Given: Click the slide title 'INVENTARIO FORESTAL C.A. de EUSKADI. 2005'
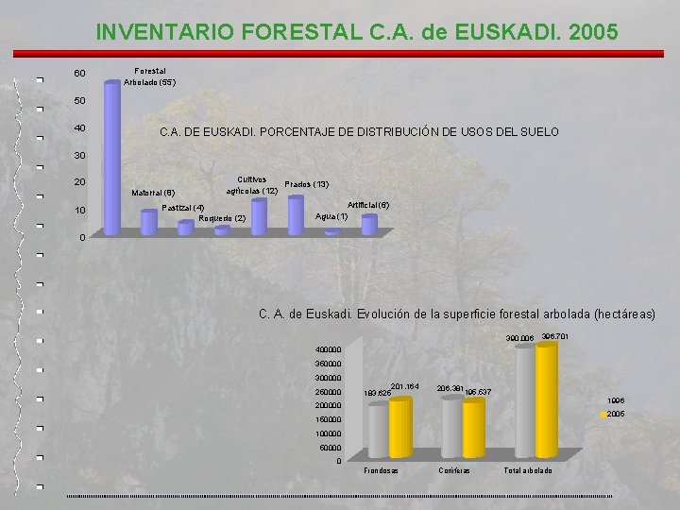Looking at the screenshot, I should coord(357,31).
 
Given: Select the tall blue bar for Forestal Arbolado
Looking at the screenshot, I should coord(112,156).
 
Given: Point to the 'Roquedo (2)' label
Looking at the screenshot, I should coord(223,218).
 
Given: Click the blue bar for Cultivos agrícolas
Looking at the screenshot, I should coord(258,213).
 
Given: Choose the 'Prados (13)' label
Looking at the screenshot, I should coord(306,184).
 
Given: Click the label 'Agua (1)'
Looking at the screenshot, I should coord(331,216).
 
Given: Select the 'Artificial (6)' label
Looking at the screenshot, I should coord(368,204).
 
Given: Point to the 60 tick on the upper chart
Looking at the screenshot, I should coord(79,74).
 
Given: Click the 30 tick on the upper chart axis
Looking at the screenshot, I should coord(79,155).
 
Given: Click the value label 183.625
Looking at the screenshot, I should coord(376,392).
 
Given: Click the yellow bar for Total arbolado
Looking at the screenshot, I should coord(546,400).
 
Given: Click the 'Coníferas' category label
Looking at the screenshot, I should coord(454,469).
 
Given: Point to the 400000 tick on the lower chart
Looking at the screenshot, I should coord(328,349).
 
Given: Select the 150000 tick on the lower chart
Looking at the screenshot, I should coord(328,418).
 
